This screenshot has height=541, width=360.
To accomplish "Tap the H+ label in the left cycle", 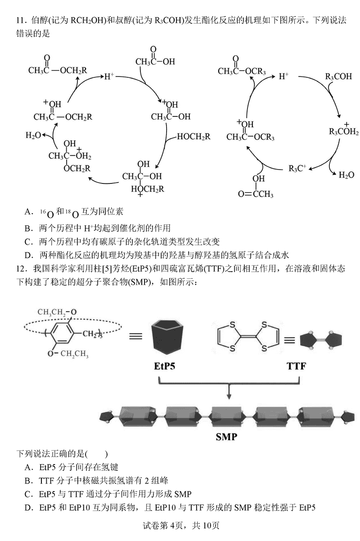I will (109, 76).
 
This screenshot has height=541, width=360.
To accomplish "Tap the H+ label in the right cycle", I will (283, 76).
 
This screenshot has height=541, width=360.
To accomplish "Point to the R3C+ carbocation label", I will (297, 169).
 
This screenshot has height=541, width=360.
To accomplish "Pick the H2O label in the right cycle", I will (346, 175).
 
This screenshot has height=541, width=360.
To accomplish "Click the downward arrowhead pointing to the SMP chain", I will (229, 395).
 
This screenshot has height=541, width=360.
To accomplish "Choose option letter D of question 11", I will (28, 255).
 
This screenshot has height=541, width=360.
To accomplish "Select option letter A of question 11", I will (28, 211).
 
